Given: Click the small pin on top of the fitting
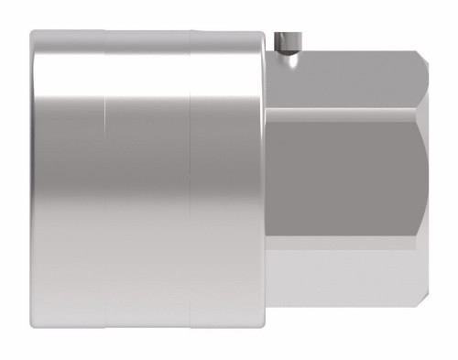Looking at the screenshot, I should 287,42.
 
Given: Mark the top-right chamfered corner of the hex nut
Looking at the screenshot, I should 422,64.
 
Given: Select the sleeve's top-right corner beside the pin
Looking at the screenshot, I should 267,35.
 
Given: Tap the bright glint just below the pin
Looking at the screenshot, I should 288,58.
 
